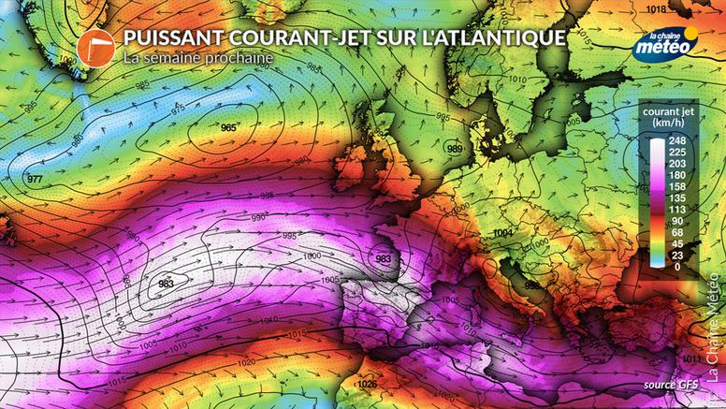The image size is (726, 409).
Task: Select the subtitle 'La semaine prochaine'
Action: coord(197,58)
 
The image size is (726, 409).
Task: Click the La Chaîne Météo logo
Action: coord(665,45)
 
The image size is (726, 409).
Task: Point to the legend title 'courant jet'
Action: coord(666,117)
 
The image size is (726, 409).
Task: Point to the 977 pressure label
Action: coord(35,179)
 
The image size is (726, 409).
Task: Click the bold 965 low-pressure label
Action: coord(228,127)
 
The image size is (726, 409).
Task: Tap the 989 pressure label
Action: coord(455,149)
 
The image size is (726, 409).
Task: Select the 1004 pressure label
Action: coord(503,232)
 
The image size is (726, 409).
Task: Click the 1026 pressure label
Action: coord(368,384)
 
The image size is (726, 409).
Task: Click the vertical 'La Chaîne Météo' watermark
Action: coord(713,337)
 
